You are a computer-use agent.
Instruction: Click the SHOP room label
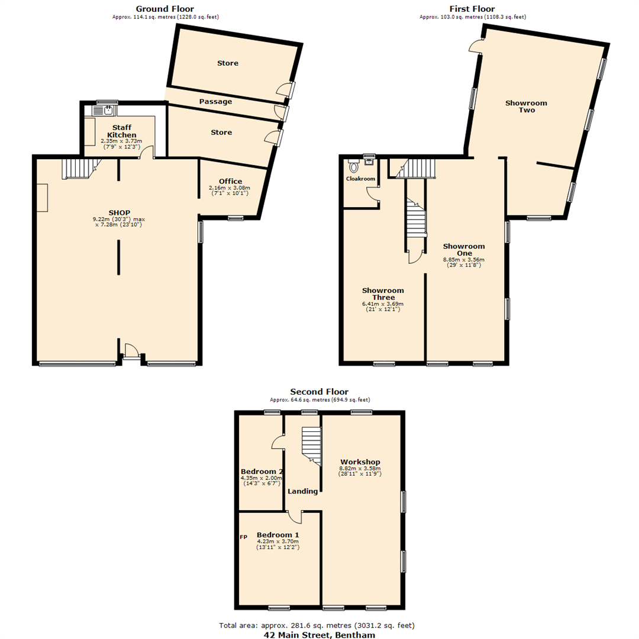[119, 212]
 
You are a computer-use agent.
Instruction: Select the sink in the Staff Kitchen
[108, 110]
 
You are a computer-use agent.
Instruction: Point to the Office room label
[230, 181]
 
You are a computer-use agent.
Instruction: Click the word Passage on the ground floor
[215, 101]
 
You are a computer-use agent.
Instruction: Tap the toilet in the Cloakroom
[354, 166]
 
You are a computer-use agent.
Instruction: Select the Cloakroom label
[360, 178]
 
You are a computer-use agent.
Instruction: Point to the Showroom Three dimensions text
[383, 306]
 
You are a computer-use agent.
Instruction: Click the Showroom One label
[464, 250]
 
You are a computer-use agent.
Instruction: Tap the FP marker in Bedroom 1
[243, 537]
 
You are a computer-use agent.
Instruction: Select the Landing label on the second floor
[302, 491]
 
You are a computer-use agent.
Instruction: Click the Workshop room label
[360, 461]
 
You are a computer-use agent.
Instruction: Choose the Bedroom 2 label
[261, 472]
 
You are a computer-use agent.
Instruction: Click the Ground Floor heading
[165, 9]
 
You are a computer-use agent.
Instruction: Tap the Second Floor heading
[319, 392]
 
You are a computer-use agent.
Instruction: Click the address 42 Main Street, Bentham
[319, 634]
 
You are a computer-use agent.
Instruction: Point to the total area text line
[319, 625]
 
